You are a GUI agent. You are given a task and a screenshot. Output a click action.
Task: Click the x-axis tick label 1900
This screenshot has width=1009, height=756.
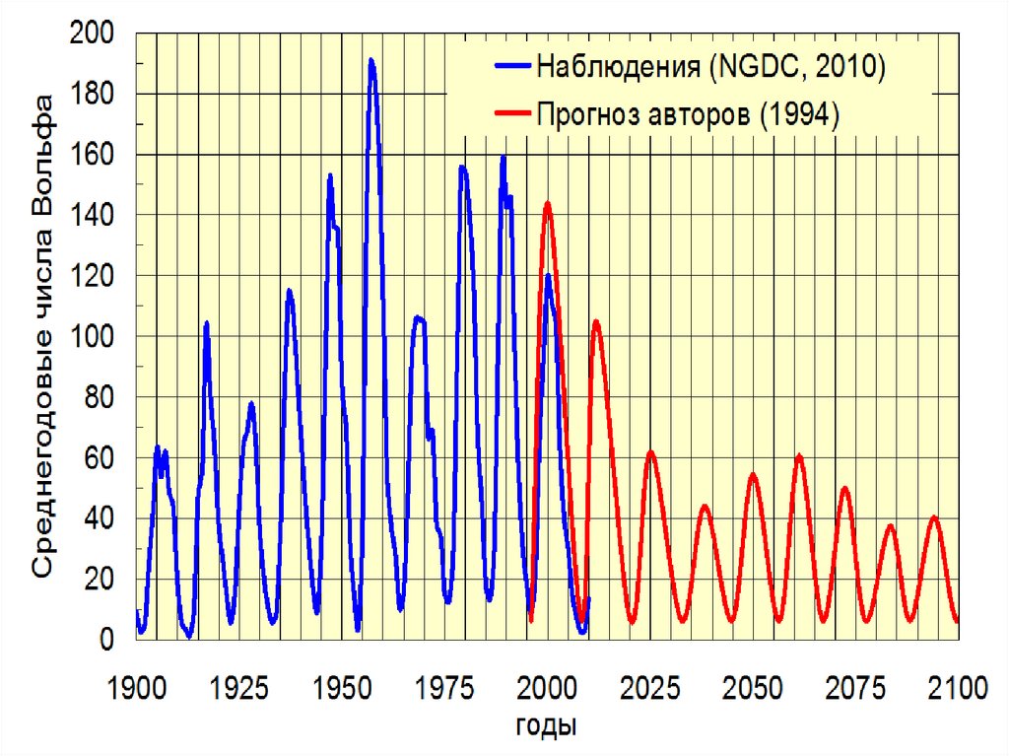point(136,687)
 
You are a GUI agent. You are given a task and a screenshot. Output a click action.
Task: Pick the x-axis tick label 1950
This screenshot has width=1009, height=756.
point(342,687)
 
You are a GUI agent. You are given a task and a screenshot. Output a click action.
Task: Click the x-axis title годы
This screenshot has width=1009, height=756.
point(546,726)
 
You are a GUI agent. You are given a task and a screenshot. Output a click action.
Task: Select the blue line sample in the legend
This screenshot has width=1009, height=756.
point(512,68)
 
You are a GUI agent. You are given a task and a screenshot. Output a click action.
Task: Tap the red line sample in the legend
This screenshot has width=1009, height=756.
point(512,114)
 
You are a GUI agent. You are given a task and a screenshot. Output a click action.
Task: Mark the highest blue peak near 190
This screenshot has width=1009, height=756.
point(371,60)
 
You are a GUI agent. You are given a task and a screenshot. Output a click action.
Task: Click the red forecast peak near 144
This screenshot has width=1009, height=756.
point(547,203)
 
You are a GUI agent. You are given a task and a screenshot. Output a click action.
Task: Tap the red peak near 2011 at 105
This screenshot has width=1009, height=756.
point(595,321)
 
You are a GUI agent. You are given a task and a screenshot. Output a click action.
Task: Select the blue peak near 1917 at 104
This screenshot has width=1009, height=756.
point(207,322)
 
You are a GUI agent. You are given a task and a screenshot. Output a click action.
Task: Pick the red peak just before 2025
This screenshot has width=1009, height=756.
point(650,452)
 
